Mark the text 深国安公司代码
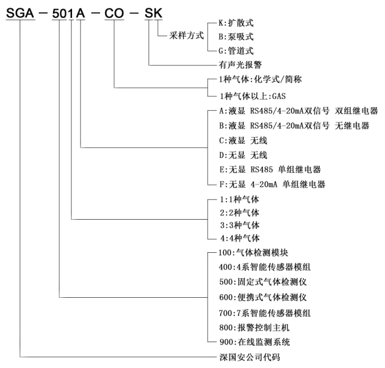coord(248,357)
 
